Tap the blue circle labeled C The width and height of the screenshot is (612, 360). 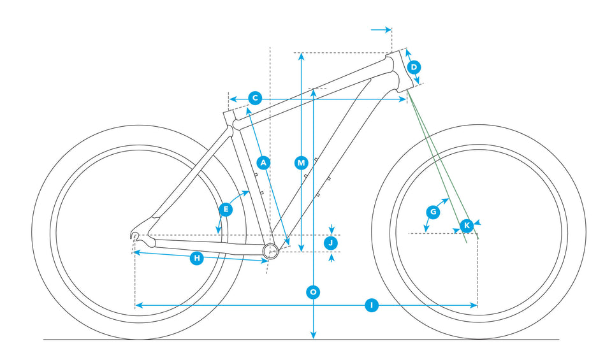[254, 98]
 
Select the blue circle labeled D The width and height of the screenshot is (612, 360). [414, 67]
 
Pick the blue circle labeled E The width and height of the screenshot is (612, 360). [225, 209]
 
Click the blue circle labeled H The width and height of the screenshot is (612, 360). [197, 258]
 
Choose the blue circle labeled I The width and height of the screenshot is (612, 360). [372, 306]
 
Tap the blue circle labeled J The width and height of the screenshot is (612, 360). [331, 242]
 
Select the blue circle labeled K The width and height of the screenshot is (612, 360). [467, 225]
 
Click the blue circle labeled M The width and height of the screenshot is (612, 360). [302, 162]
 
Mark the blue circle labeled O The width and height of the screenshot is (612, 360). [313, 292]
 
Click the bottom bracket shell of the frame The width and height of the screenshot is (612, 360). [270, 250]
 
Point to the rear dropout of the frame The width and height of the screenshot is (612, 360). [135, 236]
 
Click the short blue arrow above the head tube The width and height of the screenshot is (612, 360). [381, 29]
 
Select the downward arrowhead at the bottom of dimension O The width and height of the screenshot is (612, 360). [313, 335]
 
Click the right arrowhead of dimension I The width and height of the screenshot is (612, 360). [474, 306]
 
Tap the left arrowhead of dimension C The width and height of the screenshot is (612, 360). [233, 99]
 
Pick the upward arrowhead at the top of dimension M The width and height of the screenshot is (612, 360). [302, 57]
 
